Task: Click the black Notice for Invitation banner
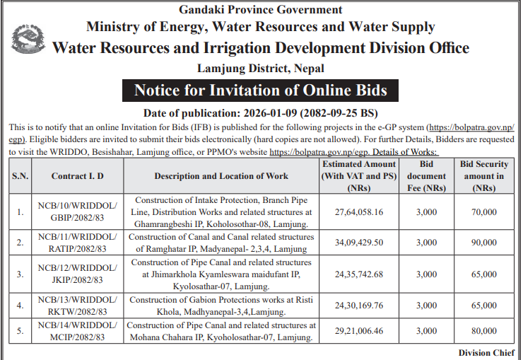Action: [261, 91]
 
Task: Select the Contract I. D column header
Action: [78, 176]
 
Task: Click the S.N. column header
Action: [20, 176]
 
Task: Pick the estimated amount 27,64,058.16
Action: [359, 211]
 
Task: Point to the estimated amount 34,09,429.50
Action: [359, 242]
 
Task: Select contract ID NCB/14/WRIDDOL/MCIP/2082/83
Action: [78, 330]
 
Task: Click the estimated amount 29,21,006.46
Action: [359, 330]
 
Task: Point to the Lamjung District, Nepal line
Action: [261, 69]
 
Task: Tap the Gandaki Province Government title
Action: [261, 10]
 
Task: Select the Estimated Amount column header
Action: [359, 176]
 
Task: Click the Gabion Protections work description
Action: [221, 306]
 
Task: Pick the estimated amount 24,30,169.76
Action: [359, 306]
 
